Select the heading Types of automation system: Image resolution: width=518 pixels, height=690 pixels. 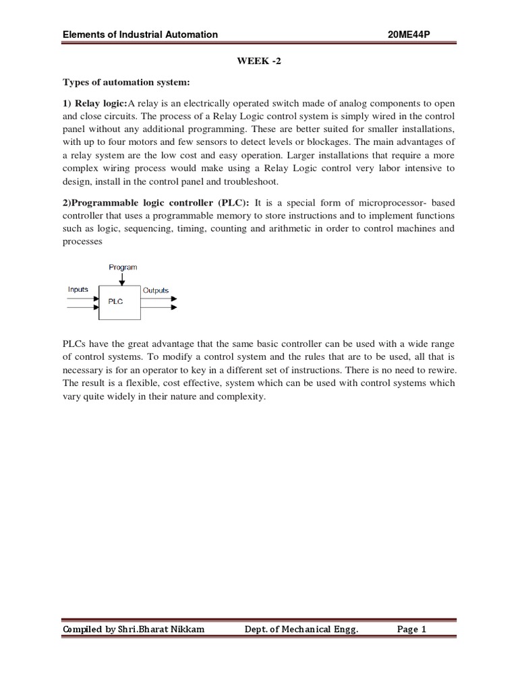click(x=127, y=83)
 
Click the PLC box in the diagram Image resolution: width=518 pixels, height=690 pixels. click(x=120, y=302)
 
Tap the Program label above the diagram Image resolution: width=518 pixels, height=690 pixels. click(x=123, y=268)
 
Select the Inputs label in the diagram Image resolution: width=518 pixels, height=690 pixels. click(x=78, y=290)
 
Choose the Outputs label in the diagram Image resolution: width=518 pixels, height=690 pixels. click(x=155, y=290)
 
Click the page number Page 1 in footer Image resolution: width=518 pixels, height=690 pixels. click(x=412, y=629)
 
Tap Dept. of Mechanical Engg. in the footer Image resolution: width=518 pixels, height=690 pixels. click(x=301, y=629)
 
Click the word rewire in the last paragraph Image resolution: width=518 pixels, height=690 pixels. click(x=438, y=371)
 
